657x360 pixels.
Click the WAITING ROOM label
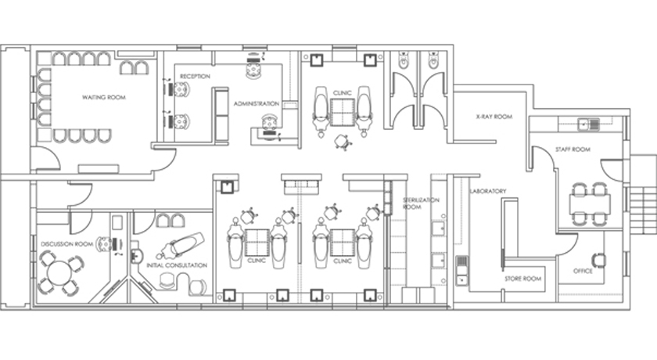click(104, 97)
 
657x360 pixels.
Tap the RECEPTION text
click(195, 76)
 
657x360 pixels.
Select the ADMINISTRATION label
click(257, 103)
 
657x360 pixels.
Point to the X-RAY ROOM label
click(494, 117)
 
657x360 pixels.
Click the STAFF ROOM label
click(573, 149)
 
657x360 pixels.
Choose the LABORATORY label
click(488, 191)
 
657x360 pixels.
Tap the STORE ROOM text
click(522, 279)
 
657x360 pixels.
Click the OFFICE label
click(583, 271)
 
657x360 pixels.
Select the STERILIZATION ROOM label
click(421, 203)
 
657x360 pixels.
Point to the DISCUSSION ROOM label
click(67, 244)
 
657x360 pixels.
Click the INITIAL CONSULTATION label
click(177, 265)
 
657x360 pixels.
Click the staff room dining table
click(590, 204)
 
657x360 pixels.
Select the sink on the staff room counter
click(589, 124)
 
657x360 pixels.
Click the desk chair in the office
click(598, 261)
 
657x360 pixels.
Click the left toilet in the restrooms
click(403, 61)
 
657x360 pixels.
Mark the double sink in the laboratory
click(461, 270)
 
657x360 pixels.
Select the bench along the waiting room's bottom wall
click(99, 168)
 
